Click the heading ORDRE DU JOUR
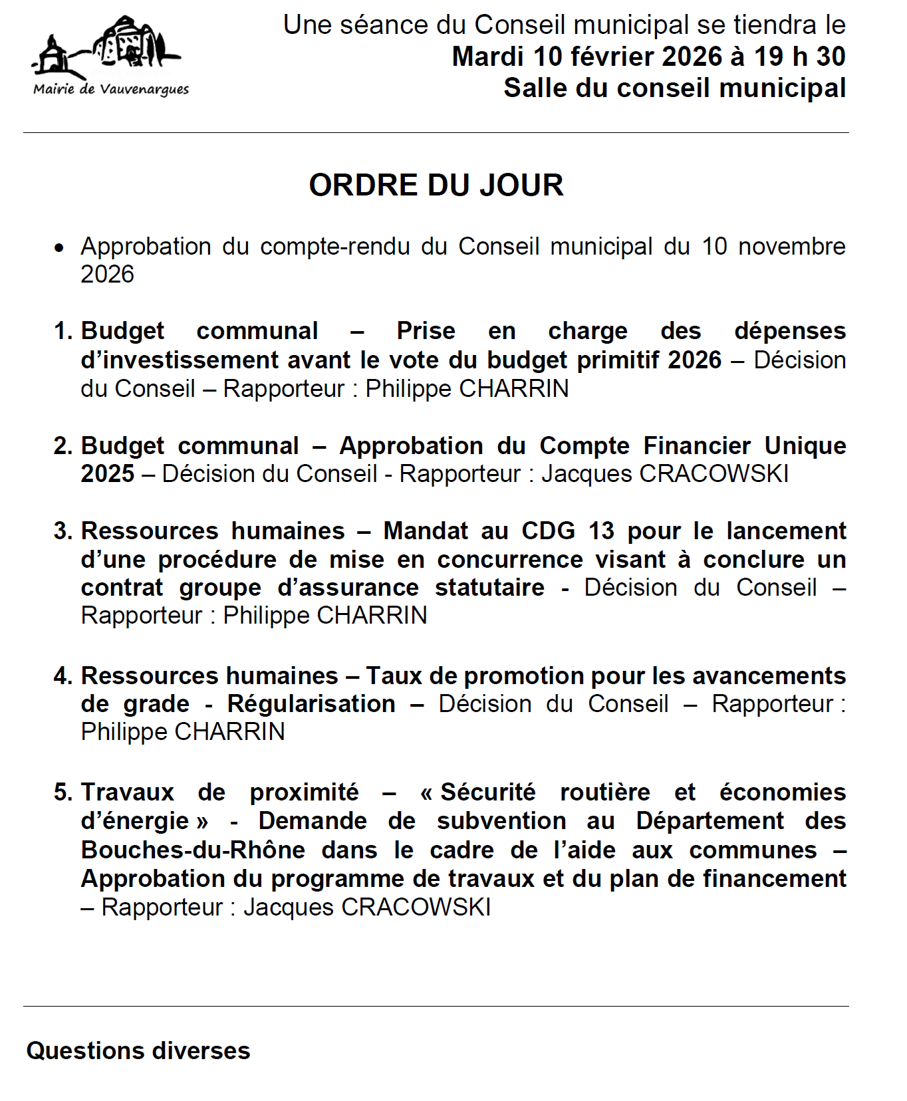[x=436, y=185]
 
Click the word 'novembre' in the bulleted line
[x=791, y=247]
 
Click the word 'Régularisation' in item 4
[x=311, y=704]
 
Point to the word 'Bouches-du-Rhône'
[x=193, y=850]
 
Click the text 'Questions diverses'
[x=138, y=1051]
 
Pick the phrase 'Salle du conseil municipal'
[x=674, y=88]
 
